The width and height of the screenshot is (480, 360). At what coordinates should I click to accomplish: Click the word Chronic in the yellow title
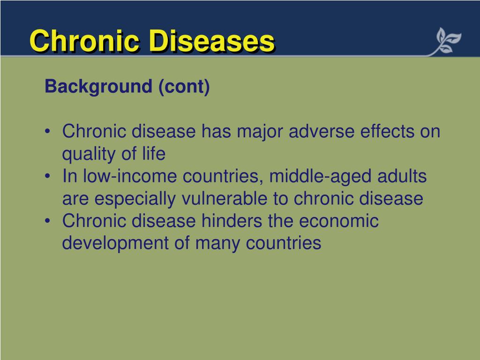(84, 41)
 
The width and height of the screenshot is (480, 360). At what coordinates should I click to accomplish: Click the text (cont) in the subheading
(184, 87)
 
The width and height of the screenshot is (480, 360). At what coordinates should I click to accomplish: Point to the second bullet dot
(49, 177)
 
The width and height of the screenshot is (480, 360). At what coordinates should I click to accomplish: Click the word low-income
(131, 177)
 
